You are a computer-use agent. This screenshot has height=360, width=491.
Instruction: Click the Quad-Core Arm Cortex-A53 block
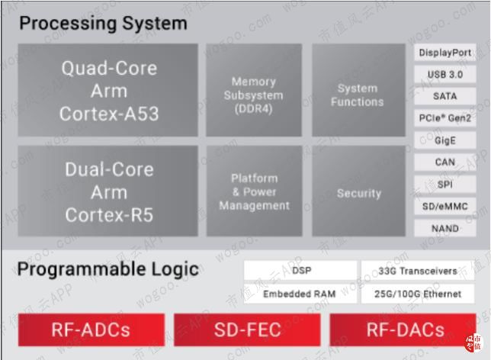click(108, 90)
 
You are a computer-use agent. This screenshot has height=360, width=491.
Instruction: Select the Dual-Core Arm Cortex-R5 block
click(108, 191)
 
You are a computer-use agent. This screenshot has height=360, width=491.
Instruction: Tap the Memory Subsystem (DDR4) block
click(254, 90)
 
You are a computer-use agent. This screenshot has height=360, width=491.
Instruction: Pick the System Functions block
click(358, 90)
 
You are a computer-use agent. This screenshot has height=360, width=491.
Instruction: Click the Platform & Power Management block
click(254, 191)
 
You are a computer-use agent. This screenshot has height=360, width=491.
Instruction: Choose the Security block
click(358, 191)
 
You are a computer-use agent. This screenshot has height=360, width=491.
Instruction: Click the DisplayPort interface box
click(445, 53)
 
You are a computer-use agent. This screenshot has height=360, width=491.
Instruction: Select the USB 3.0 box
click(445, 75)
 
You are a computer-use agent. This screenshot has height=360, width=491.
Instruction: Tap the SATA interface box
click(445, 96)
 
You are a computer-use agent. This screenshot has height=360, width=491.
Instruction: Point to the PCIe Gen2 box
click(445, 118)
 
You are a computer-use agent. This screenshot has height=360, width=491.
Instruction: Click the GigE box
click(445, 140)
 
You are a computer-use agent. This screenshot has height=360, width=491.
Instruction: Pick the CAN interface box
click(445, 162)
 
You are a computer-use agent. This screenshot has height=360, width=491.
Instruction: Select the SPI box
click(445, 184)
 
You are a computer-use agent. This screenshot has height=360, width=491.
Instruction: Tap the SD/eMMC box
click(445, 206)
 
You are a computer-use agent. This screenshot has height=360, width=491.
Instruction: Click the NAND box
click(445, 228)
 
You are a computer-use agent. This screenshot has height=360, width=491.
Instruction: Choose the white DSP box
click(300, 271)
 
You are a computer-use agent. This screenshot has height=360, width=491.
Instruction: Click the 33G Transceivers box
click(419, 271)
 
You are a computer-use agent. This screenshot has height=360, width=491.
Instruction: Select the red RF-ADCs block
click(91, 329)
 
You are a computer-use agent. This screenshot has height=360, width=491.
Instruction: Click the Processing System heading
click(103, 23)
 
